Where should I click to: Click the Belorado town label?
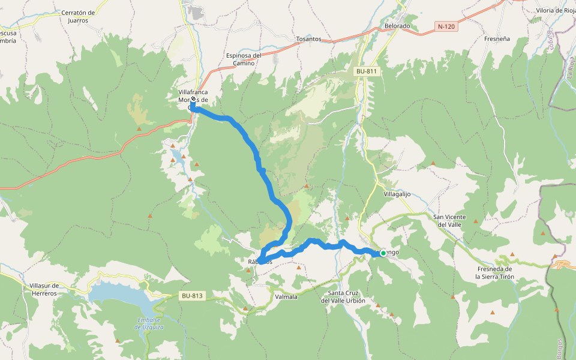(x=397, y=26)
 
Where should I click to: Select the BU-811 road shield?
(x=366, y=71)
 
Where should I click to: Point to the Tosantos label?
(x=308, y=39)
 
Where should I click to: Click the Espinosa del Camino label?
(x=244, y=59)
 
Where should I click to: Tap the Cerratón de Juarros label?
(x=79, y=16)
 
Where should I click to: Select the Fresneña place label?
(x=497, y=39)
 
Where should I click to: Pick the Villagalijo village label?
(x=397, y=194)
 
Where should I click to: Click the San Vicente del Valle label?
(x=452, y=220)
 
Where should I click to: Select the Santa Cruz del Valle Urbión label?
(x=343, y=296)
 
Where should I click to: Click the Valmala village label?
(x=286, y=296)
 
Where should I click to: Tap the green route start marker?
(x=383, y=253)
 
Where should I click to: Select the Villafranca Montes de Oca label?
(x=193, y=95)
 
